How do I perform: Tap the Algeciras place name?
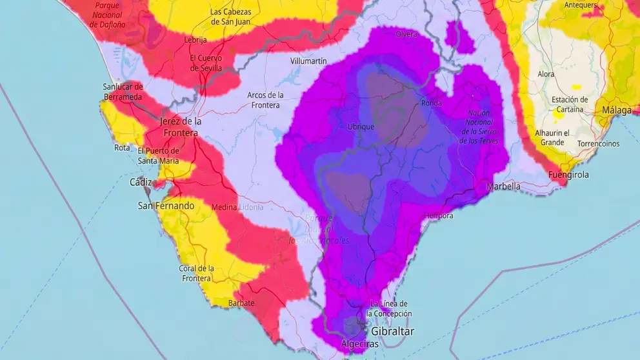tap(359, 345)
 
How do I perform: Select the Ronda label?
tap(431, 103)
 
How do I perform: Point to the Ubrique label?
tap(361, 126)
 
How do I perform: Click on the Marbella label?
tap(503, 186)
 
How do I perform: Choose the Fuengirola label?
tap(568, 175)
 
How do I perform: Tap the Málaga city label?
tap(617, 110)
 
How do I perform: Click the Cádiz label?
tap(141, 182)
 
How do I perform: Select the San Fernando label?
tap(166, 206)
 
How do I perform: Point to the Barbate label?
tap(241, 303)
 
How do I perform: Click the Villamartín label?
tap(308, 61)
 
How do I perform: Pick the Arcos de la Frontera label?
tap(265, 100)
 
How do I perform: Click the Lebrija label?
tap(195, 40)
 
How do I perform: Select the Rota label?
tap(122, 148)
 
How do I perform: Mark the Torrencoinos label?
tap(599, 143)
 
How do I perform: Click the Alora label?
tap(546, 74)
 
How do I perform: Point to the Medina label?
tap(225, 207)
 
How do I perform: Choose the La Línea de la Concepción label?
tap(389, 308)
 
